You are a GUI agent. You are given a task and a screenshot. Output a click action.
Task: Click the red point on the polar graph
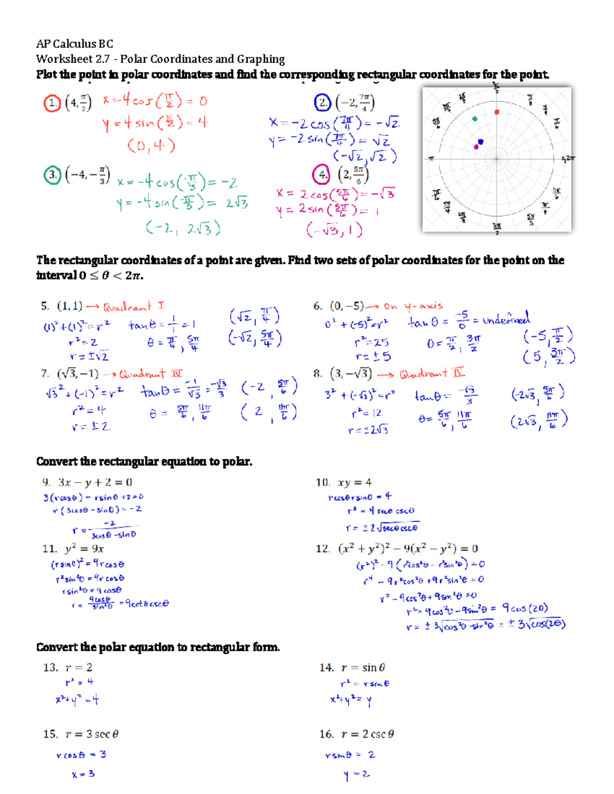pyautogui.click(x=497, y=112)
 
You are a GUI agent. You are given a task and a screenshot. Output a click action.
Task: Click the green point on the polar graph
pyautogui.click(x=475, y=119)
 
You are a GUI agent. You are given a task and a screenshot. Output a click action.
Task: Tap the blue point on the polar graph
pyautogui.click(x=480, y=142)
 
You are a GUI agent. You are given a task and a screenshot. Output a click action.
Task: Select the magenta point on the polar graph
pyautogui.click(x=476, y=147)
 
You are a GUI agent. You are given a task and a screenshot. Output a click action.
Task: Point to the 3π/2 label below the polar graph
pyautogui.click(x=497, y=227)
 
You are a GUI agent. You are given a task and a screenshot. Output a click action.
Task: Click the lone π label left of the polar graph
pyautogui.click(x=431, y=159)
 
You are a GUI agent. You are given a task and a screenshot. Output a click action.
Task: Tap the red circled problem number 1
pyautogui.click(x=52, y=103)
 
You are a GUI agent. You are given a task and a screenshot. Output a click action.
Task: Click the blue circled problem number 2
pyautogui.click(x=322, y=103)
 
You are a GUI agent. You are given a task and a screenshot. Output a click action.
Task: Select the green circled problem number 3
pyautogui.click(x=52, y=175)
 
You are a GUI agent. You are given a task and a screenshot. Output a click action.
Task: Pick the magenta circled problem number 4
pyautogui.click(x=321, y=175)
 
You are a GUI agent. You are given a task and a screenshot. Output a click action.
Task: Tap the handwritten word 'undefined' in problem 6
pyautogui.click(x=507, y=320)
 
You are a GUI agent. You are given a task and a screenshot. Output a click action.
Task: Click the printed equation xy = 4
pyautogui.click(x=354, y=482)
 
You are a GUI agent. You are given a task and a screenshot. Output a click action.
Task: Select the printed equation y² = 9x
pyautogui.click(x=84, y=549)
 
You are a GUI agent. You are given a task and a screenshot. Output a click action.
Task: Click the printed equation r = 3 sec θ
pyautogui.click(x=92, y=734)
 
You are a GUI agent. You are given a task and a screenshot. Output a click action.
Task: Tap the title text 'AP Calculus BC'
pyautogui.click(x=75, y=44)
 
